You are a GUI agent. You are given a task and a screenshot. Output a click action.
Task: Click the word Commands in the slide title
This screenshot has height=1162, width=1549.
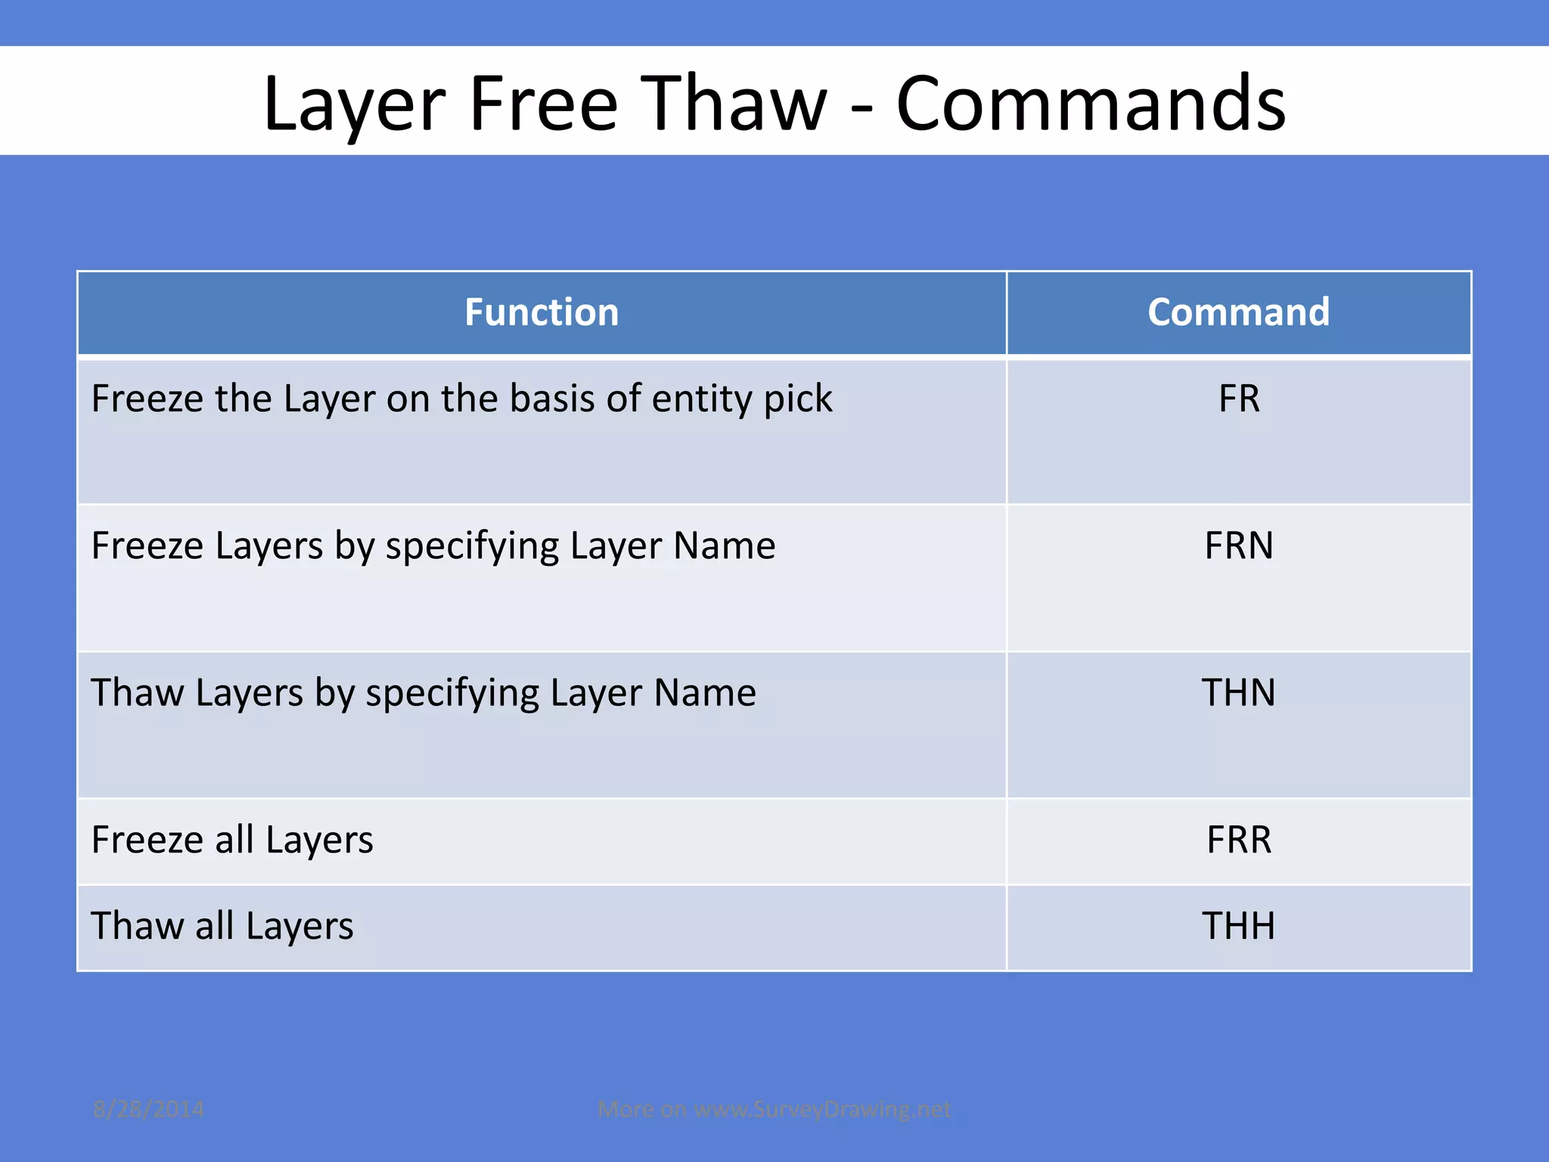[x=1091, y=104]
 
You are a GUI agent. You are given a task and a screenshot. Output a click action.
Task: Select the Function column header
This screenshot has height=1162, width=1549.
[x=542, y=312]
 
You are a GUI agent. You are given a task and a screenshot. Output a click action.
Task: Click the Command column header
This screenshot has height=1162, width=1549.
[x=1238, y=312]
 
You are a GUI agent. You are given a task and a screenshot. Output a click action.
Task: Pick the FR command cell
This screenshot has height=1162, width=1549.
[x=1238, y=399]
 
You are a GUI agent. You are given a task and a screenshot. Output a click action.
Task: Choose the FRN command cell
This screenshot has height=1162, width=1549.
[x=1238, y=545]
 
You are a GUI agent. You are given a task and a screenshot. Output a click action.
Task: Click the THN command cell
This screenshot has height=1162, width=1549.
[x=1238, y=692]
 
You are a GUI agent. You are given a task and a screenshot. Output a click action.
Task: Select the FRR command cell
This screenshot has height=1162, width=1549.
[x=1238, y=840]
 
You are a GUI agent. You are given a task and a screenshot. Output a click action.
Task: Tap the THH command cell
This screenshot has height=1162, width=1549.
[x=1238, y=926]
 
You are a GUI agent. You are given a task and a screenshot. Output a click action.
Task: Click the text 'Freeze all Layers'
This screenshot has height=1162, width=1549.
[x=232, y=840]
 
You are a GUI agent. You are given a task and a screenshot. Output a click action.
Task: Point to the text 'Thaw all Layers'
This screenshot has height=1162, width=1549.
[x=222, y=926]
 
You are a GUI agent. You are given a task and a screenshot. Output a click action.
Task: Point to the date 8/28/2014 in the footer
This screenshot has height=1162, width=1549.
[x=148, y=1109]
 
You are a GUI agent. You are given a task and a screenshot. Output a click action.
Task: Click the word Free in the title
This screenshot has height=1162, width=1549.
[x=543, y=104]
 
